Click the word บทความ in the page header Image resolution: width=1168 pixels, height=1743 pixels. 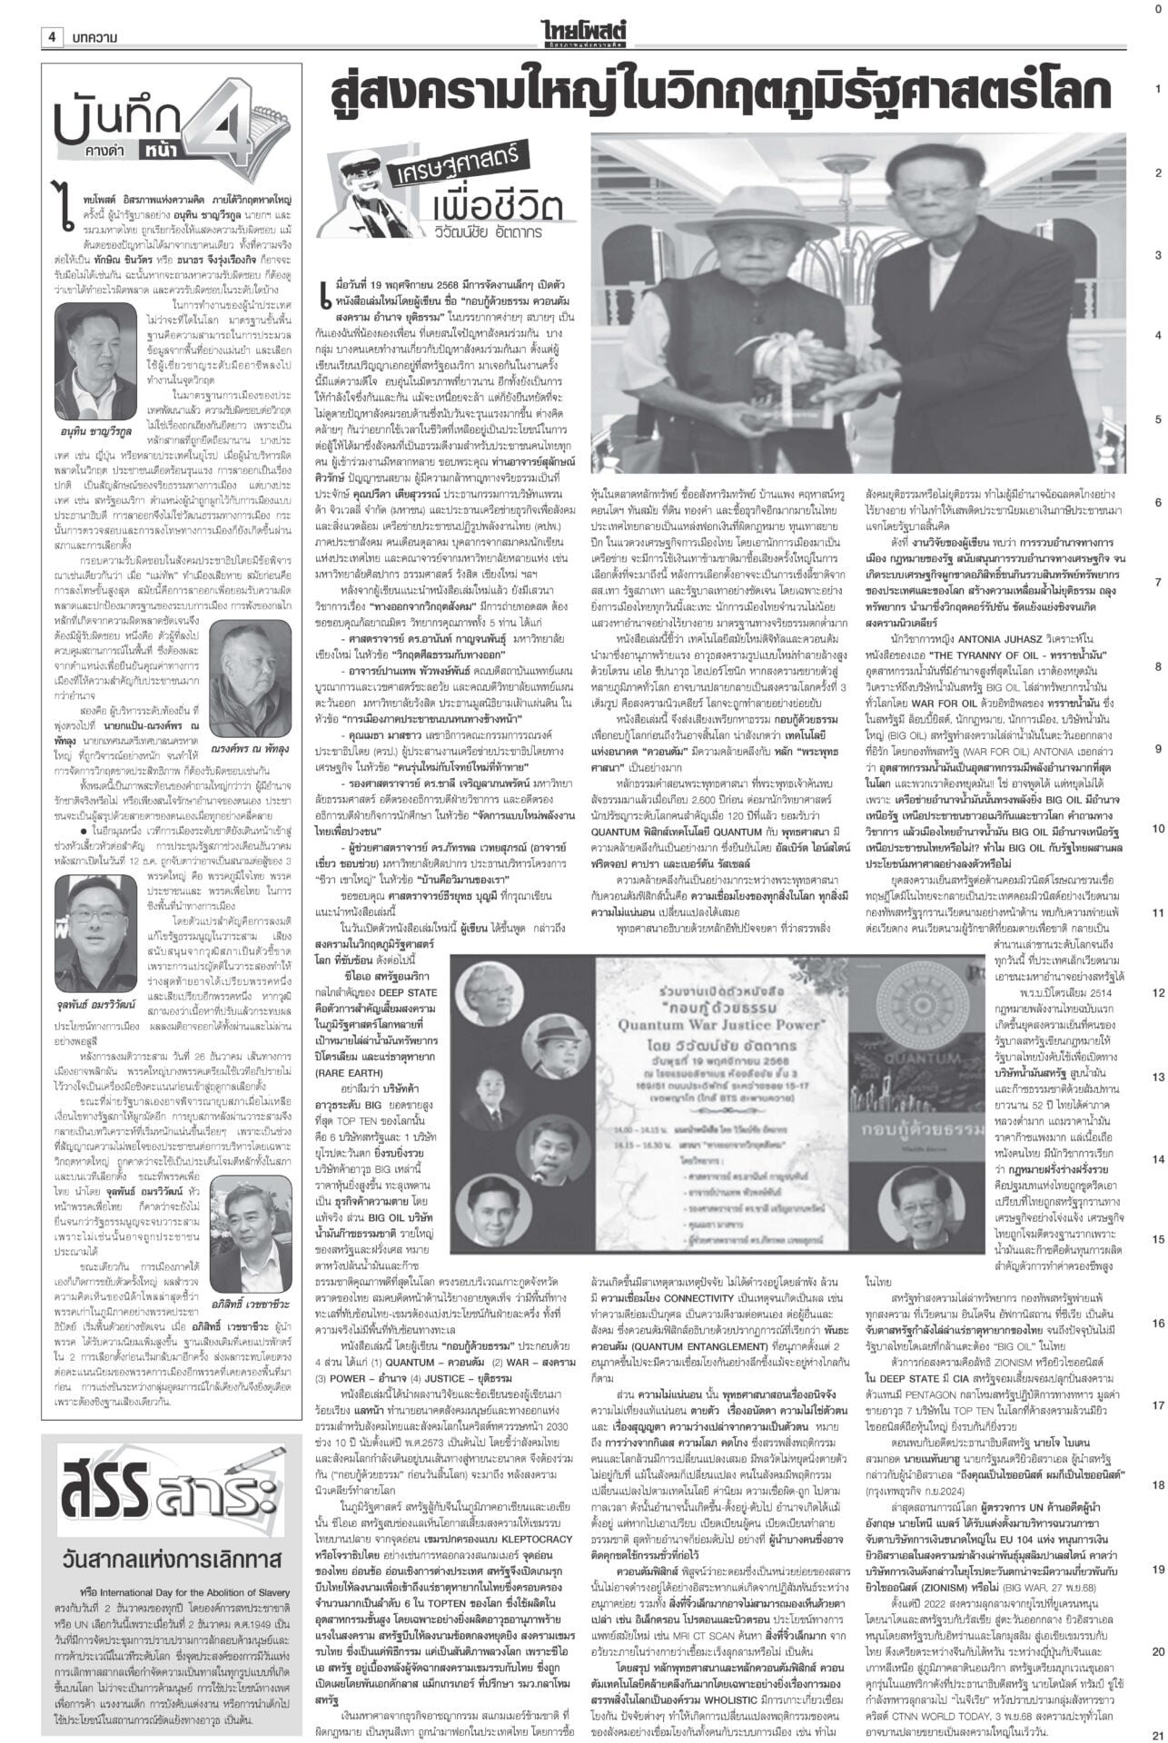point(92,37)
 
